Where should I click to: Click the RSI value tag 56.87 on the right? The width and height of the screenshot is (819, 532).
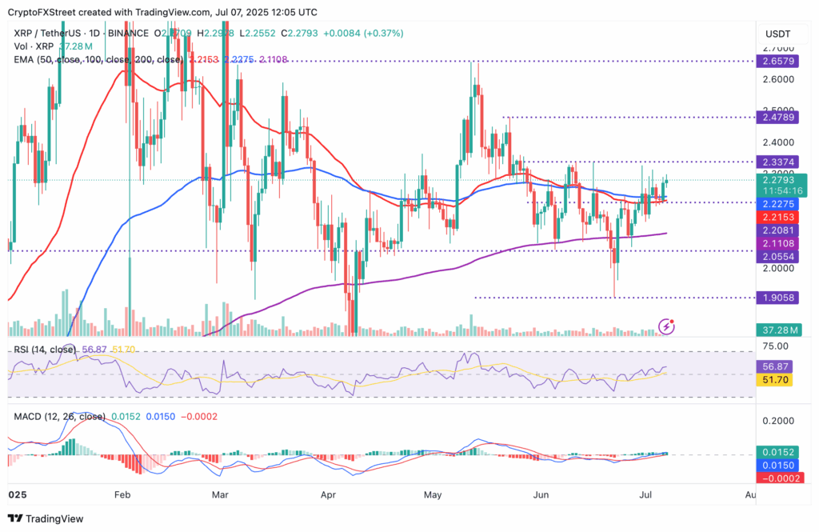tap(775, 366)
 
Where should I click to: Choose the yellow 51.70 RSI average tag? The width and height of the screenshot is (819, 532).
tap(775, 380)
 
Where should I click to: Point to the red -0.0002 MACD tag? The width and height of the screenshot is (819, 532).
tap(775, 478)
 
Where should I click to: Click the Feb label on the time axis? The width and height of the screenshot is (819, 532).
tap(121, 496)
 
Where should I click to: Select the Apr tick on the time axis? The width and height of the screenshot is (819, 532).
tap(328, 496)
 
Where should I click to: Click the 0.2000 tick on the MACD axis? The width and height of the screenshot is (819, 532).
tap(773, 421)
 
